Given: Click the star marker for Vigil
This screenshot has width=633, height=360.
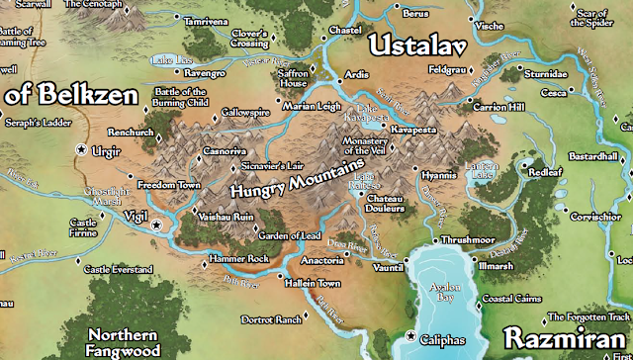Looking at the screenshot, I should [x=155, y=225].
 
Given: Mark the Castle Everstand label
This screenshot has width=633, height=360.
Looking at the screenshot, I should [x=123, y=269].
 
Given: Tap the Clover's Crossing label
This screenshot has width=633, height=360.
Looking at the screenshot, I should [x=251, y=39].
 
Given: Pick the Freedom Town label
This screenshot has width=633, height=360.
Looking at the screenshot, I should [x=172, y=185].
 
